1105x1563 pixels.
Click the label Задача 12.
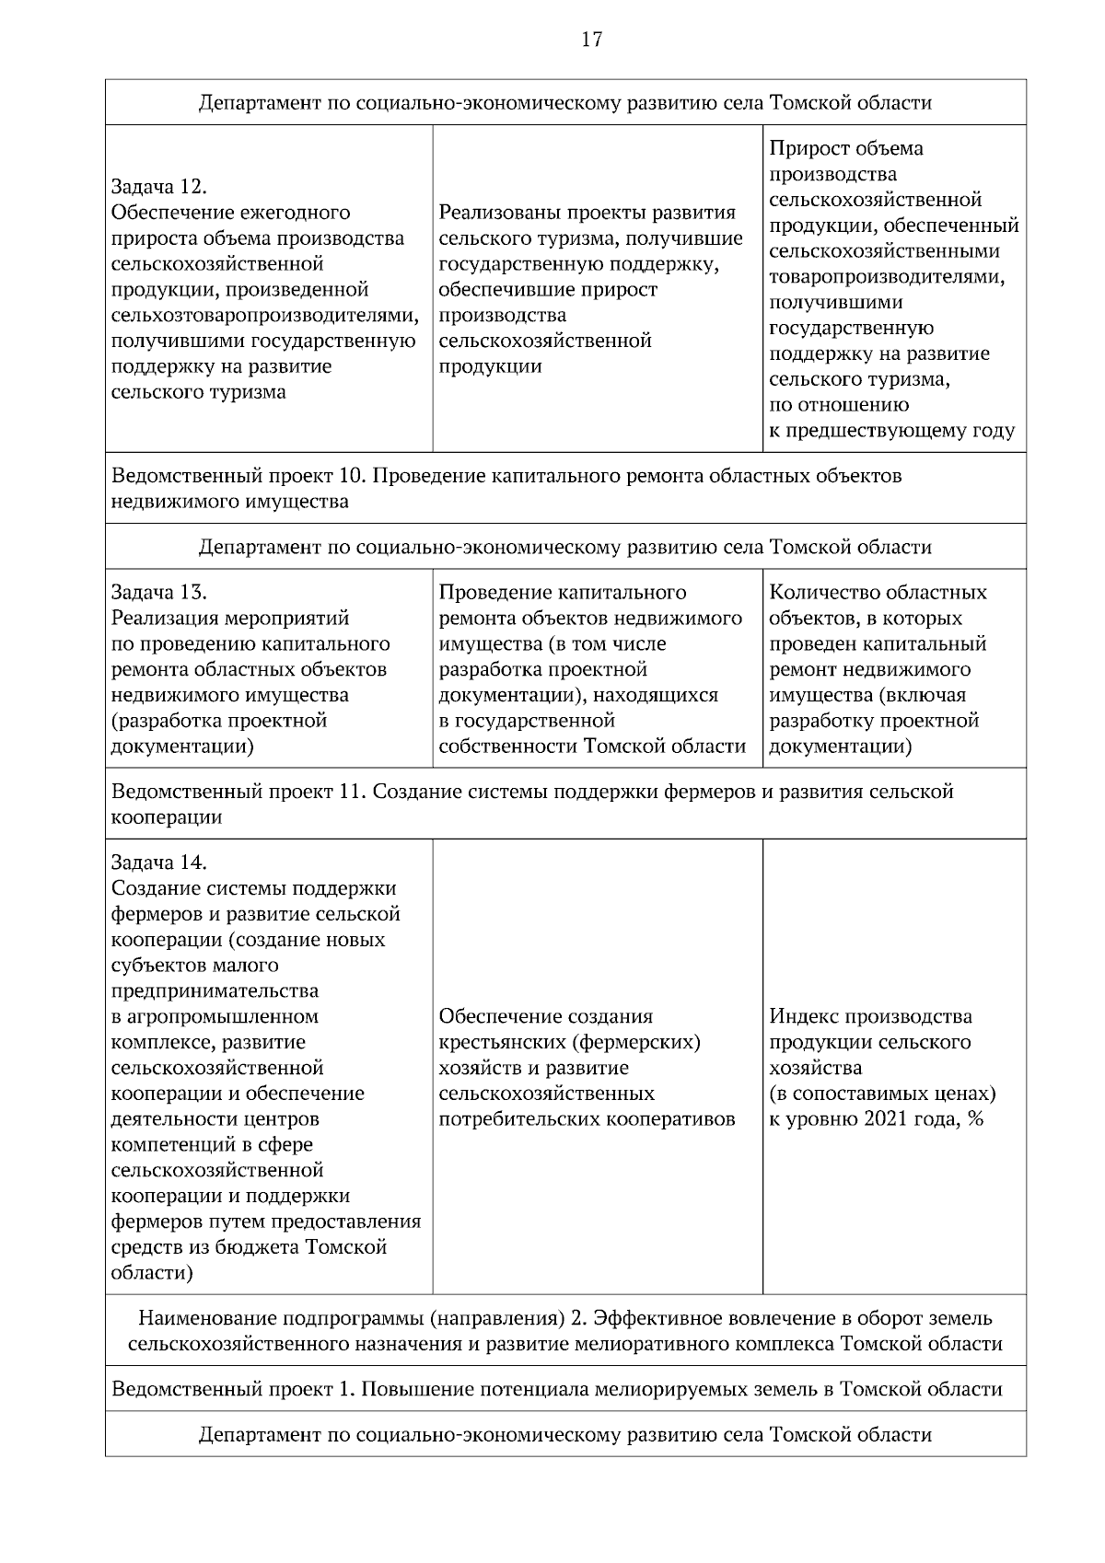point(156,187)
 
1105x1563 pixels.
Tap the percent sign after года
point(976,1119)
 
